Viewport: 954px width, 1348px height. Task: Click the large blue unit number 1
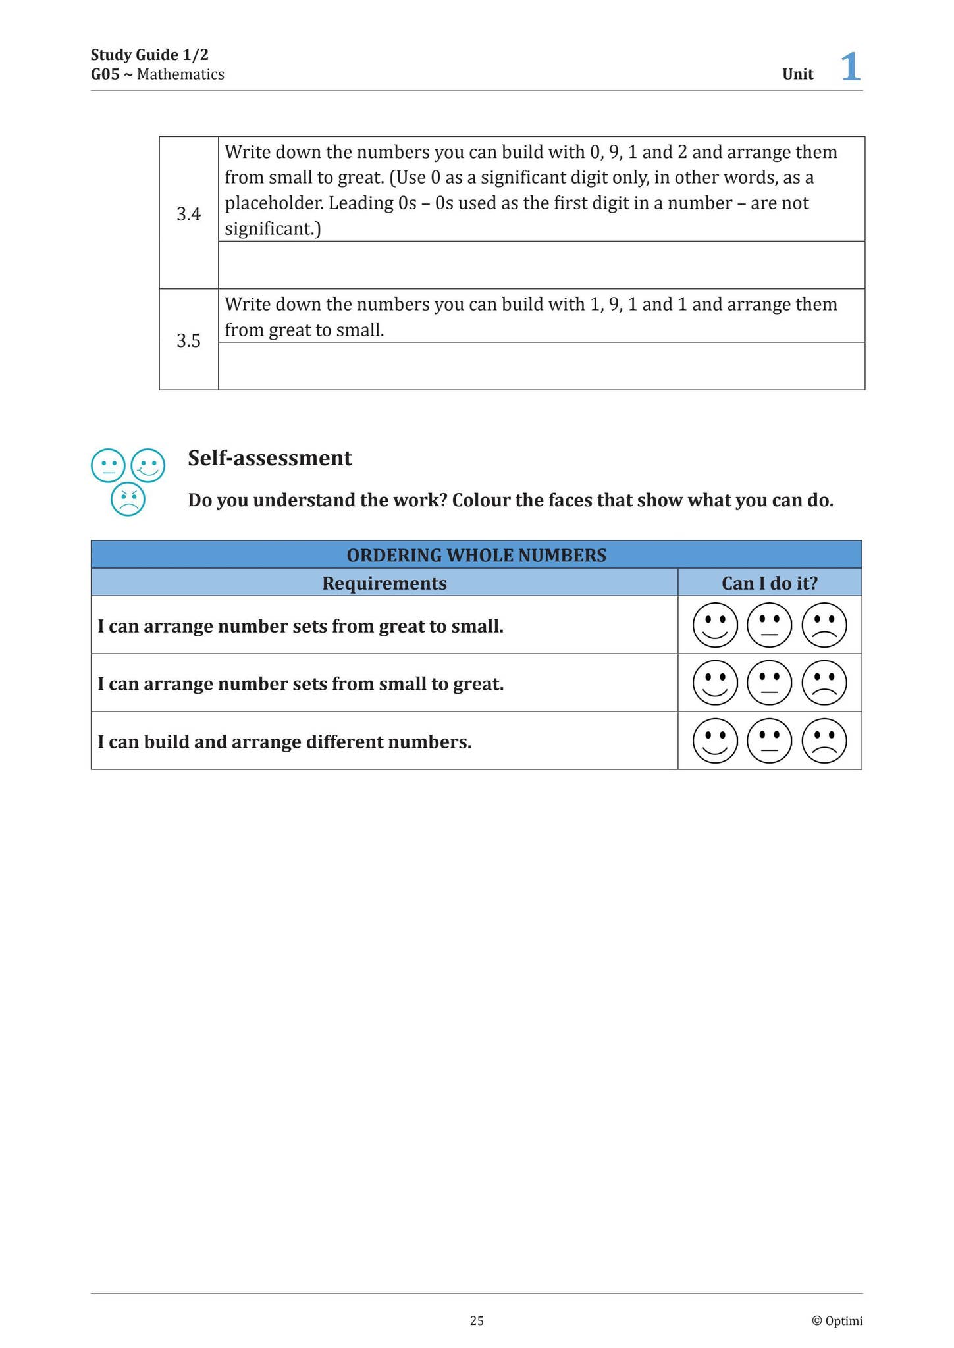point(851,67)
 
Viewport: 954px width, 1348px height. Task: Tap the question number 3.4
point(188,214)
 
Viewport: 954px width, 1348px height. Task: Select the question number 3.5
point(188,340)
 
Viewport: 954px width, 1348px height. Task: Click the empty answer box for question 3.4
point(541,265)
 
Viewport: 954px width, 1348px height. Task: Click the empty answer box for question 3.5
point(541,366)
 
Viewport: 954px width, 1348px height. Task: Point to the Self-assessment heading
point(270,458)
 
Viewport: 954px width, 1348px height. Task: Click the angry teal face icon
point(128,499)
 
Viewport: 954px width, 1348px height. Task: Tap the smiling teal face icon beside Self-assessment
point(148,465)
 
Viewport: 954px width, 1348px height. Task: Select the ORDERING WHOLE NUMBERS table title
point(476,555)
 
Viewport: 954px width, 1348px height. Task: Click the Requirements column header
point(384,583)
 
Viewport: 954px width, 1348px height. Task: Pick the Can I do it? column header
point(769,583)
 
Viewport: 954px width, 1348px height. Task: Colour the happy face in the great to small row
point(715,625)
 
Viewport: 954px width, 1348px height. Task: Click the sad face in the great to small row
point(824,625)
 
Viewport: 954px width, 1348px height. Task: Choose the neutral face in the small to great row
point(770,683)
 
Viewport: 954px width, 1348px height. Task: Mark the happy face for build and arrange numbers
point(715,740)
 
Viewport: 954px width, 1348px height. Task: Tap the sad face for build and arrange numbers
point(824,740)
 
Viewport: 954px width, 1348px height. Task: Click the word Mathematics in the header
point(180,74)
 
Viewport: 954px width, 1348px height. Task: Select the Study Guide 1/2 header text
point(149,55)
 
